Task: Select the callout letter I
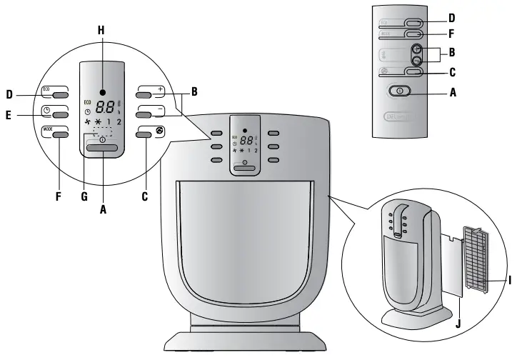(x=510, y=281)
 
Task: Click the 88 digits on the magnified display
(x=105, y=107)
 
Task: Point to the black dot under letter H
(x=103, y=92)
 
